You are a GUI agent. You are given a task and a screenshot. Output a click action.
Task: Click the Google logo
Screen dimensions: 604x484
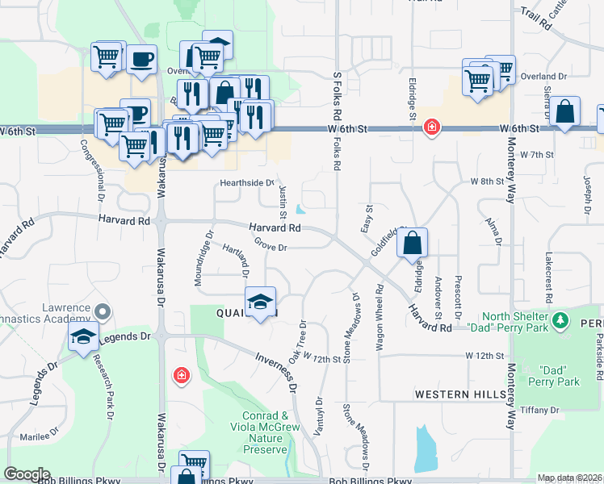pos(27,474)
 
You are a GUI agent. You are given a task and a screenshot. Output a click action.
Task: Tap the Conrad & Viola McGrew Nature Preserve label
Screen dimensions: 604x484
pos(265,432)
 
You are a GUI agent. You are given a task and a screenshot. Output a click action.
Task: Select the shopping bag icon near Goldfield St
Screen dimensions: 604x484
pos(412,243)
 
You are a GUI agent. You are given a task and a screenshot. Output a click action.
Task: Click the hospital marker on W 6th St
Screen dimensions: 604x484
pos(432,128)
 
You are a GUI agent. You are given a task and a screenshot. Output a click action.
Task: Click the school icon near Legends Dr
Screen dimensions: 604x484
pos(83,336)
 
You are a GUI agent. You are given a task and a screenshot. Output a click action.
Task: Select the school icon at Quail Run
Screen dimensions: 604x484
pos(259,302)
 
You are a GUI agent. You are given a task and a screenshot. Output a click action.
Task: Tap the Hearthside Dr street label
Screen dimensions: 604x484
pos(248,183)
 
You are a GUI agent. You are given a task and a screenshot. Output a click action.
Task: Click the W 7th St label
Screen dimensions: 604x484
pos(537,153)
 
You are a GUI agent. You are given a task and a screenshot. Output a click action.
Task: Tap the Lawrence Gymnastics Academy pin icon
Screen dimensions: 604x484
pos(102,311)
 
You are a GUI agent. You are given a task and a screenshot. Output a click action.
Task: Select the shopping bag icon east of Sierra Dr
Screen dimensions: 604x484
pos(566,112)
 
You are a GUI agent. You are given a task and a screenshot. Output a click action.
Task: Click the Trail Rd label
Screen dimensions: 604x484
pos(535,19)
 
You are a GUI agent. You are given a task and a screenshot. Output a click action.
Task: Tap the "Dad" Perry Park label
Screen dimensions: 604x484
pos(561,376)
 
